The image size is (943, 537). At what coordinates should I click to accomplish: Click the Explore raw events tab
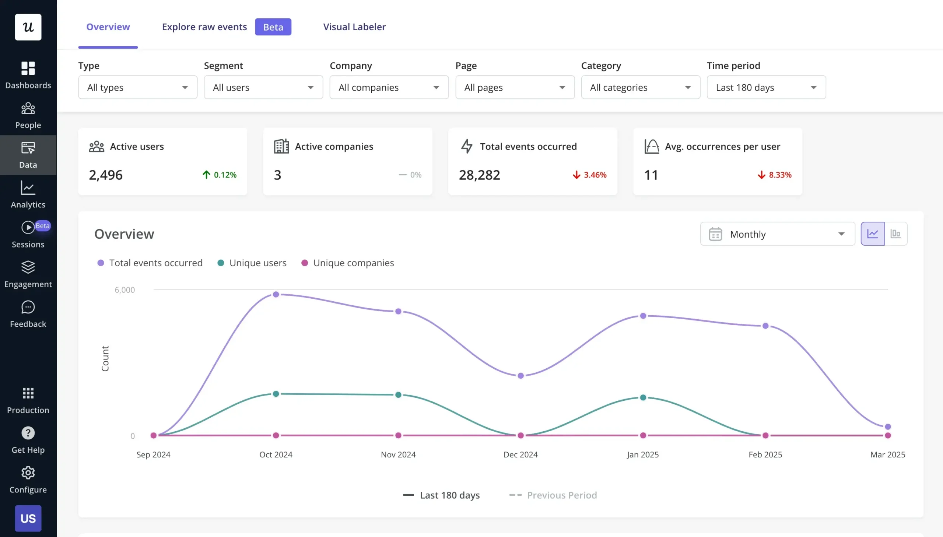click(204, 27)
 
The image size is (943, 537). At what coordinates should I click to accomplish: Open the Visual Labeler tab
click(354, 27)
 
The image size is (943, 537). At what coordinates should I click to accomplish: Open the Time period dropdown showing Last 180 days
click(766, 87)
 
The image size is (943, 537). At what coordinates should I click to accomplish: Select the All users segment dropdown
click(263, 87)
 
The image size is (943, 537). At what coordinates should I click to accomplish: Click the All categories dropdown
click(640, 87)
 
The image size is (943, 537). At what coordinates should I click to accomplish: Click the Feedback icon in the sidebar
click(28, 307)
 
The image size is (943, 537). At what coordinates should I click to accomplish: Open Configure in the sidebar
click(28, 479)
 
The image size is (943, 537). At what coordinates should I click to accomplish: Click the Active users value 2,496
click(106, 175)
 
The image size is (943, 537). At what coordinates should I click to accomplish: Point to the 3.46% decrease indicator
click(589, 175)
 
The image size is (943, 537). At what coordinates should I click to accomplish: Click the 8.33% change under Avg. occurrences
click(774, 175)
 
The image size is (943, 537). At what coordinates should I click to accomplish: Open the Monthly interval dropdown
click(777, 234)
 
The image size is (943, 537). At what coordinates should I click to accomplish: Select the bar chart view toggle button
click(895, 234)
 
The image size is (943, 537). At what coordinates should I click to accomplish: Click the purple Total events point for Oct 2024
click(276, 294)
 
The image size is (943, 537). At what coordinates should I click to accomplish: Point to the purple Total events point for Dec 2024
click(520, 376)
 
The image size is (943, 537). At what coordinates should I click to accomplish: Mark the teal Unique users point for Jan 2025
click(643, 397)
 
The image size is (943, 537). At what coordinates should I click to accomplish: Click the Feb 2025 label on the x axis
click(765, 454)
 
